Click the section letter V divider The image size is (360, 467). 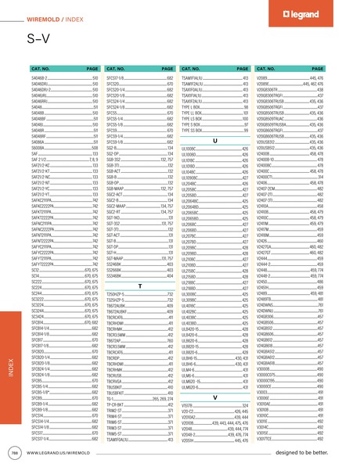pos(214,396)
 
